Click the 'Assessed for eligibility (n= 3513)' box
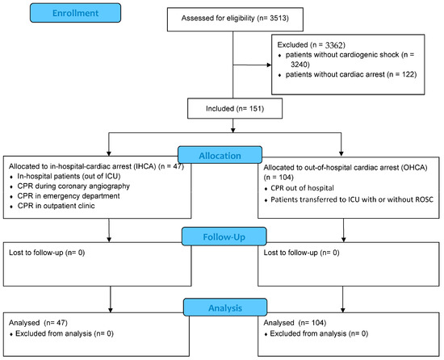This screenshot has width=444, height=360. tap(232, 16)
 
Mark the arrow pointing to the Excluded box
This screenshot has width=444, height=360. tap(258, 65)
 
